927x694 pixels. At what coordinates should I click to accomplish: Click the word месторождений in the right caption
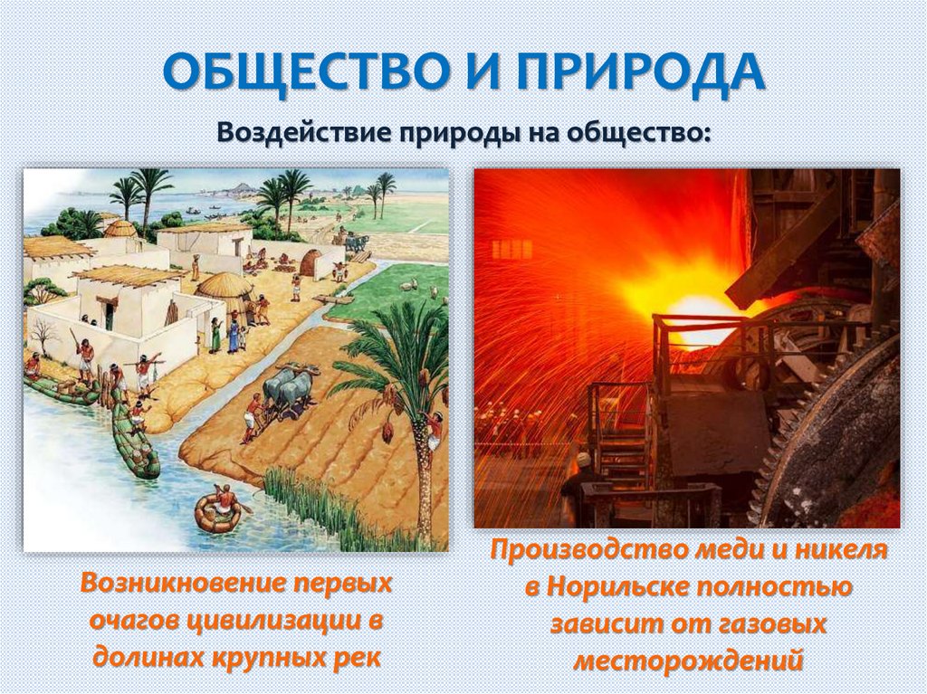click(x=689, y=661)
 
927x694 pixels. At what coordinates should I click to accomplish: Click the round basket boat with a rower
click(x=218, y=510)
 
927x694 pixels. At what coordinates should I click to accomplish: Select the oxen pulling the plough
click(x=289, y=389)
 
